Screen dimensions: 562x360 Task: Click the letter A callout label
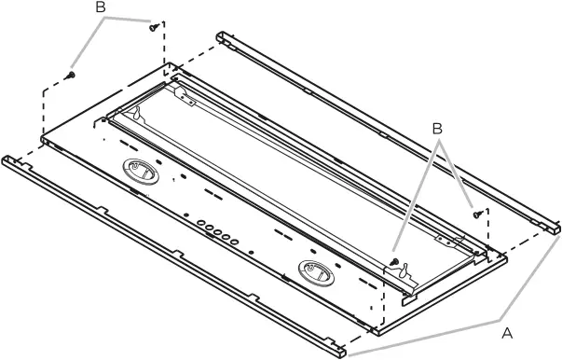tap(507, 334)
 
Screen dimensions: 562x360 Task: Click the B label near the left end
tap(101, 7)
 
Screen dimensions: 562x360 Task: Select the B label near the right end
tap(437, 129)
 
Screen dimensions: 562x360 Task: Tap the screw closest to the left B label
tap(154, 27)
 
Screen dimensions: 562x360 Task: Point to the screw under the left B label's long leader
tap(71, 75)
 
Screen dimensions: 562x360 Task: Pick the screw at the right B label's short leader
tap(477, 215)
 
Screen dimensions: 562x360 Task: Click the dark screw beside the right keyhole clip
tap(394, 261)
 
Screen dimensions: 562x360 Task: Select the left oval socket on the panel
tap(141, 172)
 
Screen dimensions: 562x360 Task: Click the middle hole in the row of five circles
tap(217, 232)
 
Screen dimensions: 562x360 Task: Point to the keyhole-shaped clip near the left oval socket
tap(136, 113)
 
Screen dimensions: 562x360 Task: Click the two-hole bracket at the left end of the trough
tap(185, 97)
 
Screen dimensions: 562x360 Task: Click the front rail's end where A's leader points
tap(341, 352)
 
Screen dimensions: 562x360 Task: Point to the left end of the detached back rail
tap(221, 36)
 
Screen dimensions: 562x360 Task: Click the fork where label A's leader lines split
tap(500, 318)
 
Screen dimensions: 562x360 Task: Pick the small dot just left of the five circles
tap(186, 215)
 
